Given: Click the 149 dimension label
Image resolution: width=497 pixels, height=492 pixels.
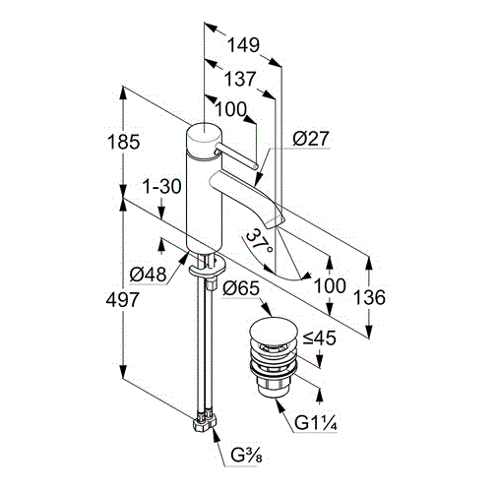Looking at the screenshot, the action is (x=243, y=45).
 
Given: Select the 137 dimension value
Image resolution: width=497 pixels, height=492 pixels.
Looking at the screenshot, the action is (x=240, y=79).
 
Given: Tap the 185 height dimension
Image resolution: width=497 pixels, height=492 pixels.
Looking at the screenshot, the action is (x=124, y=142).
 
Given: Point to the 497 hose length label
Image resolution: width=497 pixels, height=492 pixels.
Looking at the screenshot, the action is (x=123, y=299).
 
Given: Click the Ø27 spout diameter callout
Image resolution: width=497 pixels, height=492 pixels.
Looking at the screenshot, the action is (x=310, y=139).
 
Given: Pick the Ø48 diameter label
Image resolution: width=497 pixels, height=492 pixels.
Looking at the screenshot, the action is (x=148, y=275).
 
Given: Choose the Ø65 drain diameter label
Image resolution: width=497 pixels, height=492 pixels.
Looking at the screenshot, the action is (x=241, y=288).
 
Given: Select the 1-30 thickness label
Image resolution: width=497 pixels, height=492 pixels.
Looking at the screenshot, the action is (x=161, y=186).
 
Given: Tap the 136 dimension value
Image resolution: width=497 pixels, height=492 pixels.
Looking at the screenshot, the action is (x=369, y=297).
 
